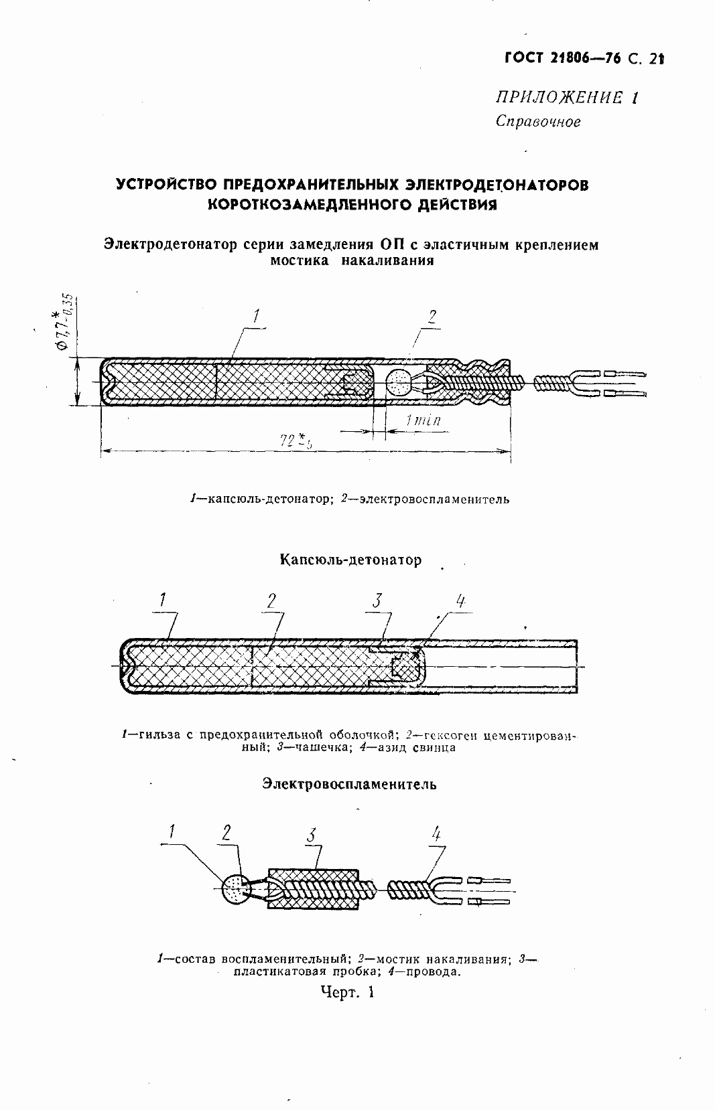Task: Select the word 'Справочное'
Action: click(537, 121)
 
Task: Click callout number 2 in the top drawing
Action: click(432, 317)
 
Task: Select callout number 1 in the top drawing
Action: click(257, 315)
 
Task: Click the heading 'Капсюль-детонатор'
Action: click(350, 560)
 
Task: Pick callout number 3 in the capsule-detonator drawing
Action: click(377, 600)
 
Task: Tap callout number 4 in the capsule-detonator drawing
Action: click(460, 601)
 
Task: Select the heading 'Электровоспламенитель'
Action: click(349, 784)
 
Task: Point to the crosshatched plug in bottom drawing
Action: click(314, 889)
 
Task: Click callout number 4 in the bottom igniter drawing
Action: click(436, 834)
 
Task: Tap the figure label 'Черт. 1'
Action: click(346, 992)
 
